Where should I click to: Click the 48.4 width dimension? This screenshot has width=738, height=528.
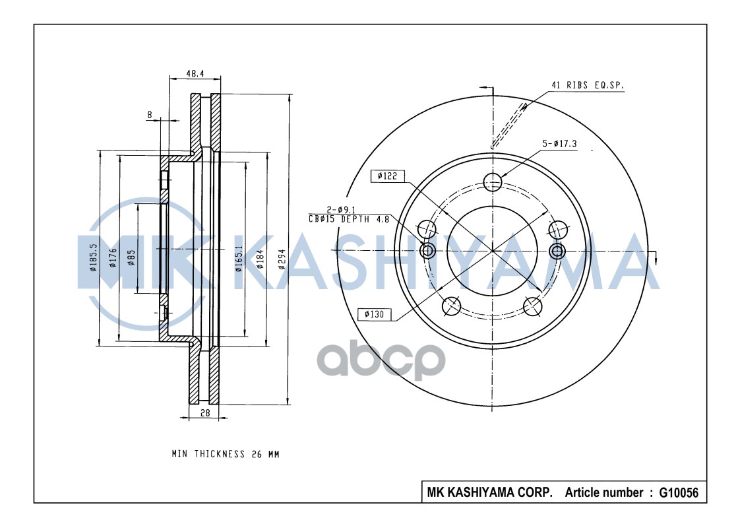point(194,74)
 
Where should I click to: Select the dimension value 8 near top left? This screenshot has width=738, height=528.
point(150,114)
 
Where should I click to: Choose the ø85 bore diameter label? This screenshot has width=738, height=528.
point(131,257)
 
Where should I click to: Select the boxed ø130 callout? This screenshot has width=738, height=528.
point(374,314)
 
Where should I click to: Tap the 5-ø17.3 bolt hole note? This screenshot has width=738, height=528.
point(560,143)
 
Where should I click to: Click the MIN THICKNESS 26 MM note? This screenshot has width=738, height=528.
point(225,454)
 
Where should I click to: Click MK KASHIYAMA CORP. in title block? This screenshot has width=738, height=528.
point(490,493)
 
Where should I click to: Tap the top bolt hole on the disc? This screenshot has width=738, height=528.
point(493,180)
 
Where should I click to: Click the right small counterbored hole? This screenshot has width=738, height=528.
point(557,250)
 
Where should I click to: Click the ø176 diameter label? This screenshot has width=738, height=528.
point(113,257)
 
